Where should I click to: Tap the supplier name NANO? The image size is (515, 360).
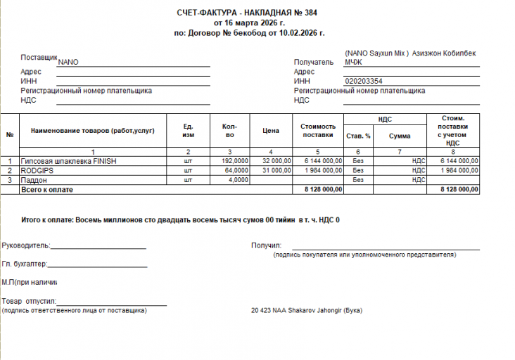[68, 62]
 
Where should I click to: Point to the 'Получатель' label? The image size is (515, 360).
[314, 62]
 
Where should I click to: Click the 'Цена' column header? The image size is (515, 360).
[272, 131]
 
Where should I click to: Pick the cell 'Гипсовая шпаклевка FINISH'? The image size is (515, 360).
[69, 161]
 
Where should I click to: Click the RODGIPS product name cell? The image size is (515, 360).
[38, 170]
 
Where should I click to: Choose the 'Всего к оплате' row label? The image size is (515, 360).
[47, 190]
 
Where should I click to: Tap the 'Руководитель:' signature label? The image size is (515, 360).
[25, 245]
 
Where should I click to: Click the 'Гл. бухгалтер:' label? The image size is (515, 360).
[25, 264]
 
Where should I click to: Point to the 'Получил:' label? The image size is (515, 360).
[267, 245]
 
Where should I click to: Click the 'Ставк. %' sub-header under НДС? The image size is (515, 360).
[357, 136]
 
